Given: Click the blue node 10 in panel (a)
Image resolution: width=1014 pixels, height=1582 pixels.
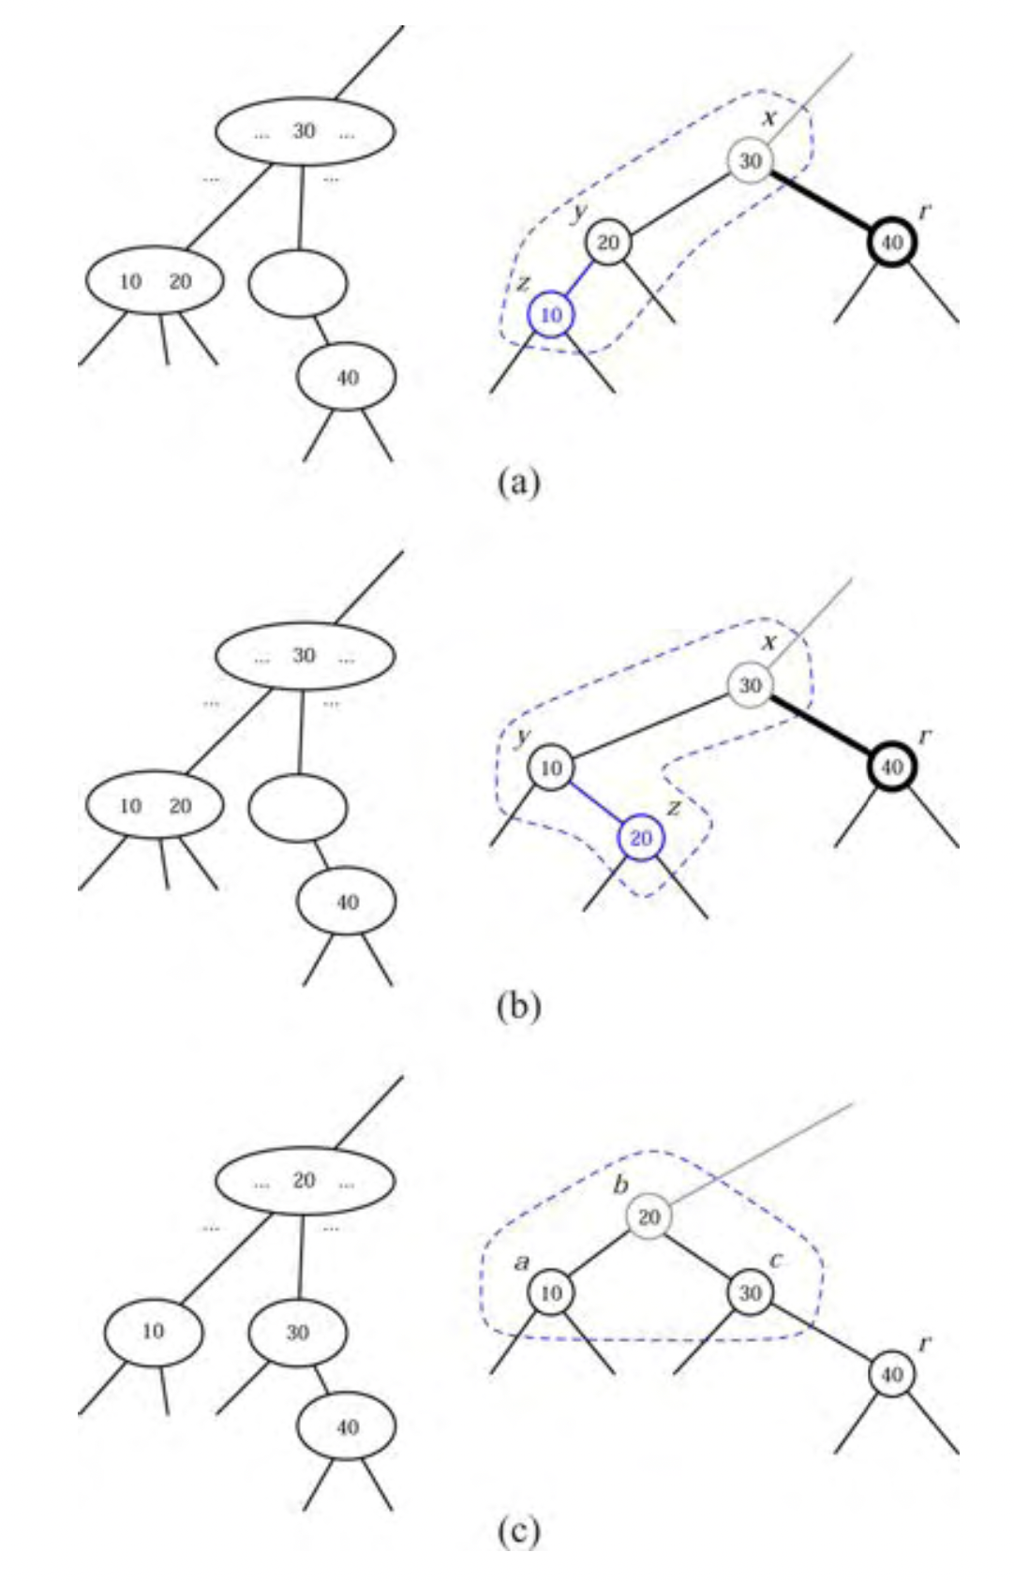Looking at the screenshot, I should point(551,315).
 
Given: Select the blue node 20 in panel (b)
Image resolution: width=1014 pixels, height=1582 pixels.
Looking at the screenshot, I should point(641,837).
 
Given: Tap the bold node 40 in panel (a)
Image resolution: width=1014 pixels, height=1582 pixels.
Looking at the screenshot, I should point(891,243).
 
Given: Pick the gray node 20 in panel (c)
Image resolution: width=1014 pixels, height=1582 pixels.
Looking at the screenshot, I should point(649,1216).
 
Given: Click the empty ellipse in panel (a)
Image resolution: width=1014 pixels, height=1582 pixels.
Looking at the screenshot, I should point(297,281).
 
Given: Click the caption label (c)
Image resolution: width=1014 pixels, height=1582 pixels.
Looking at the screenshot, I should point(518,1530).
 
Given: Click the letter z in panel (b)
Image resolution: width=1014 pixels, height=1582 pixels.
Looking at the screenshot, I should point(672,808).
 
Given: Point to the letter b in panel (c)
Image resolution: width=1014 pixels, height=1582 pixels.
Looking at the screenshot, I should point(620,1185).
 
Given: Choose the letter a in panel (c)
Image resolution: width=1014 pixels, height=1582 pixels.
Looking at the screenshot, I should point(522,1262).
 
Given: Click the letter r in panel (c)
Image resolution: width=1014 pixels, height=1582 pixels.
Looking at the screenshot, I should point(925,1343).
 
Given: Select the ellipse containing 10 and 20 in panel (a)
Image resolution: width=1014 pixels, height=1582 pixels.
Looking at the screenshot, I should point(155,280).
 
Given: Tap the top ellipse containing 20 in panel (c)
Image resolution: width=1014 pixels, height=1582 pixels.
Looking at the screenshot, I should point(305,1181).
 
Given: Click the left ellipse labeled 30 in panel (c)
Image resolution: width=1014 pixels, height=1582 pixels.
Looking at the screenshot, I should point(297,1332).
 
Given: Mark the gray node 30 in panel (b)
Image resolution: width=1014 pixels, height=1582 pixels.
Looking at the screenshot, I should point(750,685).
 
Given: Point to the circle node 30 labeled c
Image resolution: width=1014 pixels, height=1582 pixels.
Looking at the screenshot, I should point(750,1293).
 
